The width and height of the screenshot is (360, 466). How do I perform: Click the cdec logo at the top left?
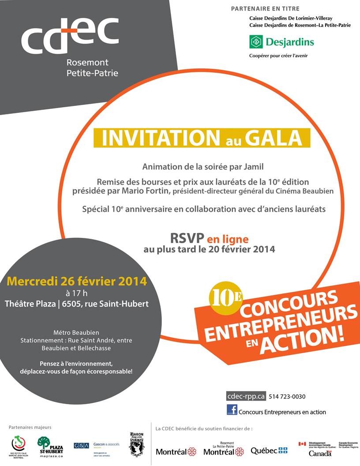pos(70,35)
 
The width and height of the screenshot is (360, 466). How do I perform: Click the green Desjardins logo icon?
pos(256,42)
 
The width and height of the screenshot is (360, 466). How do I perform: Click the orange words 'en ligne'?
pos(228,239)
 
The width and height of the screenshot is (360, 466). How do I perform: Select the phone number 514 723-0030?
pos(287,396)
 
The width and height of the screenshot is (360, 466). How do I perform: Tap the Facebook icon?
pos(232,410)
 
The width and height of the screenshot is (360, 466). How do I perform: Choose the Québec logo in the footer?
pos(269,451)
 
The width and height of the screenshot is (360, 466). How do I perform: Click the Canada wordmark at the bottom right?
pos(320,453)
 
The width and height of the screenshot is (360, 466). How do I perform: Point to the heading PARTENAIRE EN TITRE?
pos(265,9)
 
